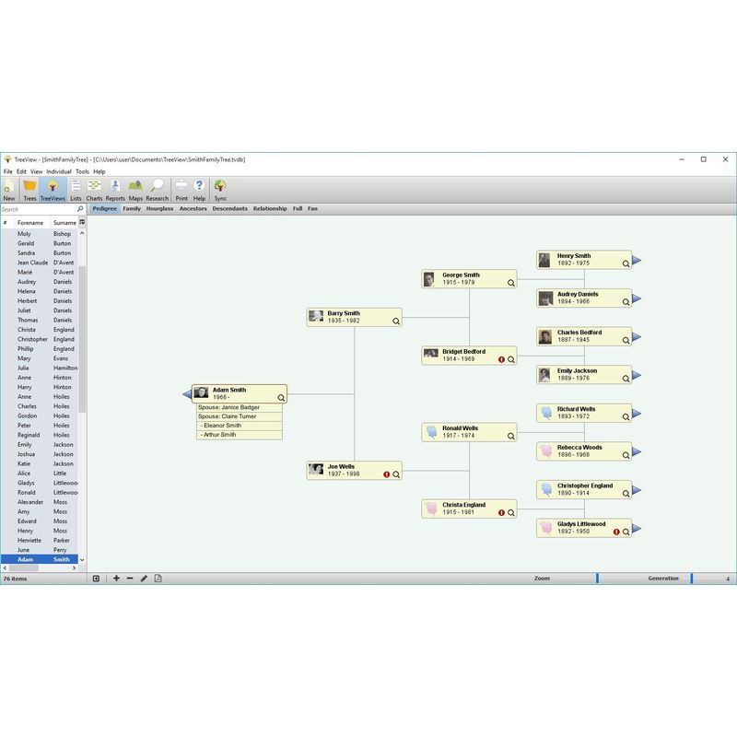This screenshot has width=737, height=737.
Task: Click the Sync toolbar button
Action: click(220, 189)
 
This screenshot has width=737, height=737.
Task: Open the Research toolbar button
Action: click(158, 189)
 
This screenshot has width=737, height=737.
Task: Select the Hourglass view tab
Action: click(159, 209)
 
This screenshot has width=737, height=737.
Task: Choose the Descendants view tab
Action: click(229, 209)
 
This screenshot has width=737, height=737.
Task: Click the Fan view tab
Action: click(313, 209)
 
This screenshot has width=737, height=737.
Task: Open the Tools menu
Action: click(82, 171)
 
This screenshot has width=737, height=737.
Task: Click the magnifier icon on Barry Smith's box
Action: click(396, 322)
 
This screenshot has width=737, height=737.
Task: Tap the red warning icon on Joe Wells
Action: click(387, 474)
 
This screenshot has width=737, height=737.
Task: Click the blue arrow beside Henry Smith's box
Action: click(637, 261)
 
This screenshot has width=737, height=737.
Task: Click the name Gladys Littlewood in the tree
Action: click(581, 524)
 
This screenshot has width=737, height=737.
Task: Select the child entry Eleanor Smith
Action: click(222, 426)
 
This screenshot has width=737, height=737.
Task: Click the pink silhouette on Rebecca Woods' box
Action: click(546, 451)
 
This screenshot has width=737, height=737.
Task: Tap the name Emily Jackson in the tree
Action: click(577, 371)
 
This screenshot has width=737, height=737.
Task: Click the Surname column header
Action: click(64, 223)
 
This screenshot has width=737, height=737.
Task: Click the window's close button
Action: click(723, 159)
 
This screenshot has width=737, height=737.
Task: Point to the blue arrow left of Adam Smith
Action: click(187, 394)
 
